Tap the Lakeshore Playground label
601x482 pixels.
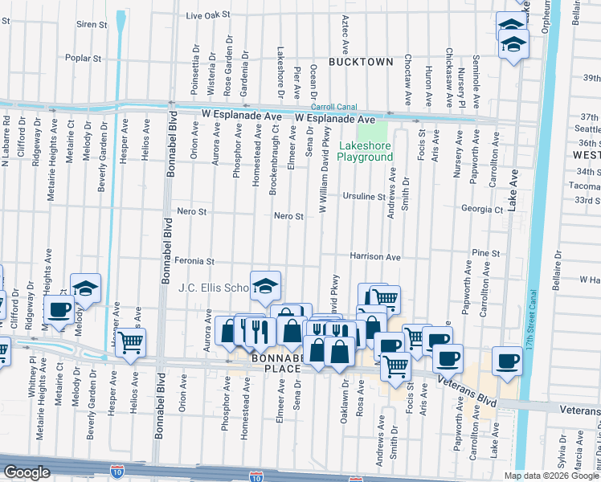[x=365, y=151]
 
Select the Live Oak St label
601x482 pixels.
[x=207, y=14]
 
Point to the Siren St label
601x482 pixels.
[x=92, y=25]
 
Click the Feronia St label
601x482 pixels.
[x=196, y=261]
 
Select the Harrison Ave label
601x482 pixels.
[x=374, y=257]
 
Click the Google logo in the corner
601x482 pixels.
[x=27, y=472]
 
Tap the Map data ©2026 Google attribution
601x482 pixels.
[x=550, y=476]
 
